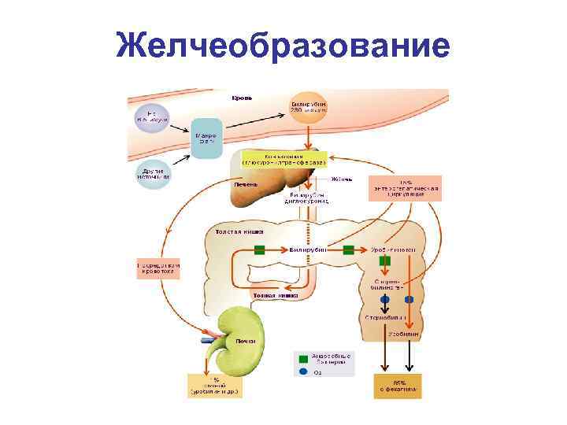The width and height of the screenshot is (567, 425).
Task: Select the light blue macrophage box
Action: pos(207,139)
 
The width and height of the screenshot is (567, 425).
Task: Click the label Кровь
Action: pos(242,98)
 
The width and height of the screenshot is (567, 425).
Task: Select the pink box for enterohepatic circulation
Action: pos(405,188)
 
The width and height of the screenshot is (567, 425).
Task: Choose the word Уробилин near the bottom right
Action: pos(404,334)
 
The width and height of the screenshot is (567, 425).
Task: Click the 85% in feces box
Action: pos(397,386)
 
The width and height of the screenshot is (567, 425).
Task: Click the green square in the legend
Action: pos(303,359)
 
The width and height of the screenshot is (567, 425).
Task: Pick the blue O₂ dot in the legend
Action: pos(303,372)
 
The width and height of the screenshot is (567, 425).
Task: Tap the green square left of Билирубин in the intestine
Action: pos(259,250)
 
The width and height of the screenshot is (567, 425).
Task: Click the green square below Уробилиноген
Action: pos(385,261)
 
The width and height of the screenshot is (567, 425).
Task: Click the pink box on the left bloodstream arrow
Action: pos(158,268)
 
